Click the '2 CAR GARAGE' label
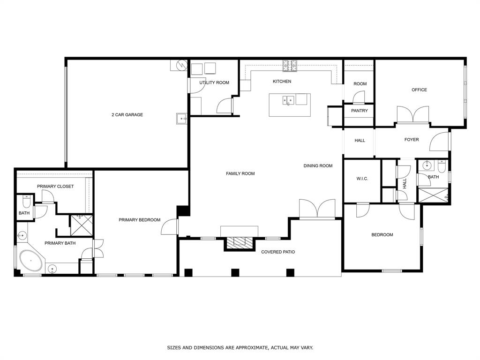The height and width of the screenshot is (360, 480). tap(127, 115)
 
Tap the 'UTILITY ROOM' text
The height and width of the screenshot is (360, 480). tap(214, 83)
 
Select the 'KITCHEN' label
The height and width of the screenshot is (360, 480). tap(282, 82)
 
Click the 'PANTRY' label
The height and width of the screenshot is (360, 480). tap(360, 111)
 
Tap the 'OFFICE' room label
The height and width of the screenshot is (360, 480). tap(419, 90)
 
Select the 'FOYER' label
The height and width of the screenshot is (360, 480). tap(412, 140)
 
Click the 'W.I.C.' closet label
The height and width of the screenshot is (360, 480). tap(362, 179)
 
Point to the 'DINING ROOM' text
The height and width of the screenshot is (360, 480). tap(318, 166)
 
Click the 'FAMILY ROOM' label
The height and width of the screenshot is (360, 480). tap(240, 174)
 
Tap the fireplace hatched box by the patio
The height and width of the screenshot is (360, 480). tap(240, 242)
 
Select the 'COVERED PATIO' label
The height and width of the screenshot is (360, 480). tap(278, 252)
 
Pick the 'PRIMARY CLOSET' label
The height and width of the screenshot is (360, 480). tap(55, 187)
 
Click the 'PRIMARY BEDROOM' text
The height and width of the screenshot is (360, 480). tap(139, 220)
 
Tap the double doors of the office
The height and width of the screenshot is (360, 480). tap(413, 114)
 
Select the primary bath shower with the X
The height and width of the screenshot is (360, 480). tap(81, 225)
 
